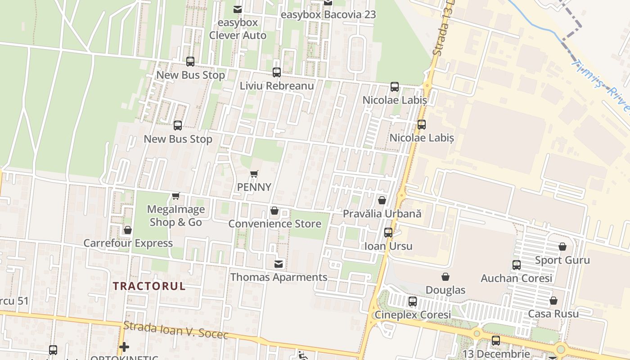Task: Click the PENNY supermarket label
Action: click(254, 187)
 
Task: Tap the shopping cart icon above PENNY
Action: click(254, 174)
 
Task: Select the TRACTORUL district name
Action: click(149, 286)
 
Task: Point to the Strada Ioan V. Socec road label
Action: click(175, 330)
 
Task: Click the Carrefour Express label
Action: click(128, 243)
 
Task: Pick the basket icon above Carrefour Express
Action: click(128, 230)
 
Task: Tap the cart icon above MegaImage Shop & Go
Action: click(176, 196)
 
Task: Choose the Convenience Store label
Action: click(275, 224)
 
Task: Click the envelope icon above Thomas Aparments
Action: click(279, 264)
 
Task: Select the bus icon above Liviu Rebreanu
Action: click(277, 72)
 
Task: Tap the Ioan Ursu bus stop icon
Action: click(388, 233)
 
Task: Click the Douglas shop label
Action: click(445, 290)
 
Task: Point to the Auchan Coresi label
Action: click(516, 278)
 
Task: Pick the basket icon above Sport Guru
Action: click(562, 247)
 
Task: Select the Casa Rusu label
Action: click(553, 314)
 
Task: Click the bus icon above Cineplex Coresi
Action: click(413, 301)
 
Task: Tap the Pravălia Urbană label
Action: click(382, 213)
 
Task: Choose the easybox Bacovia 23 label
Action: click(328, 14)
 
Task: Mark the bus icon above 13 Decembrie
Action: click(496, 341)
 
